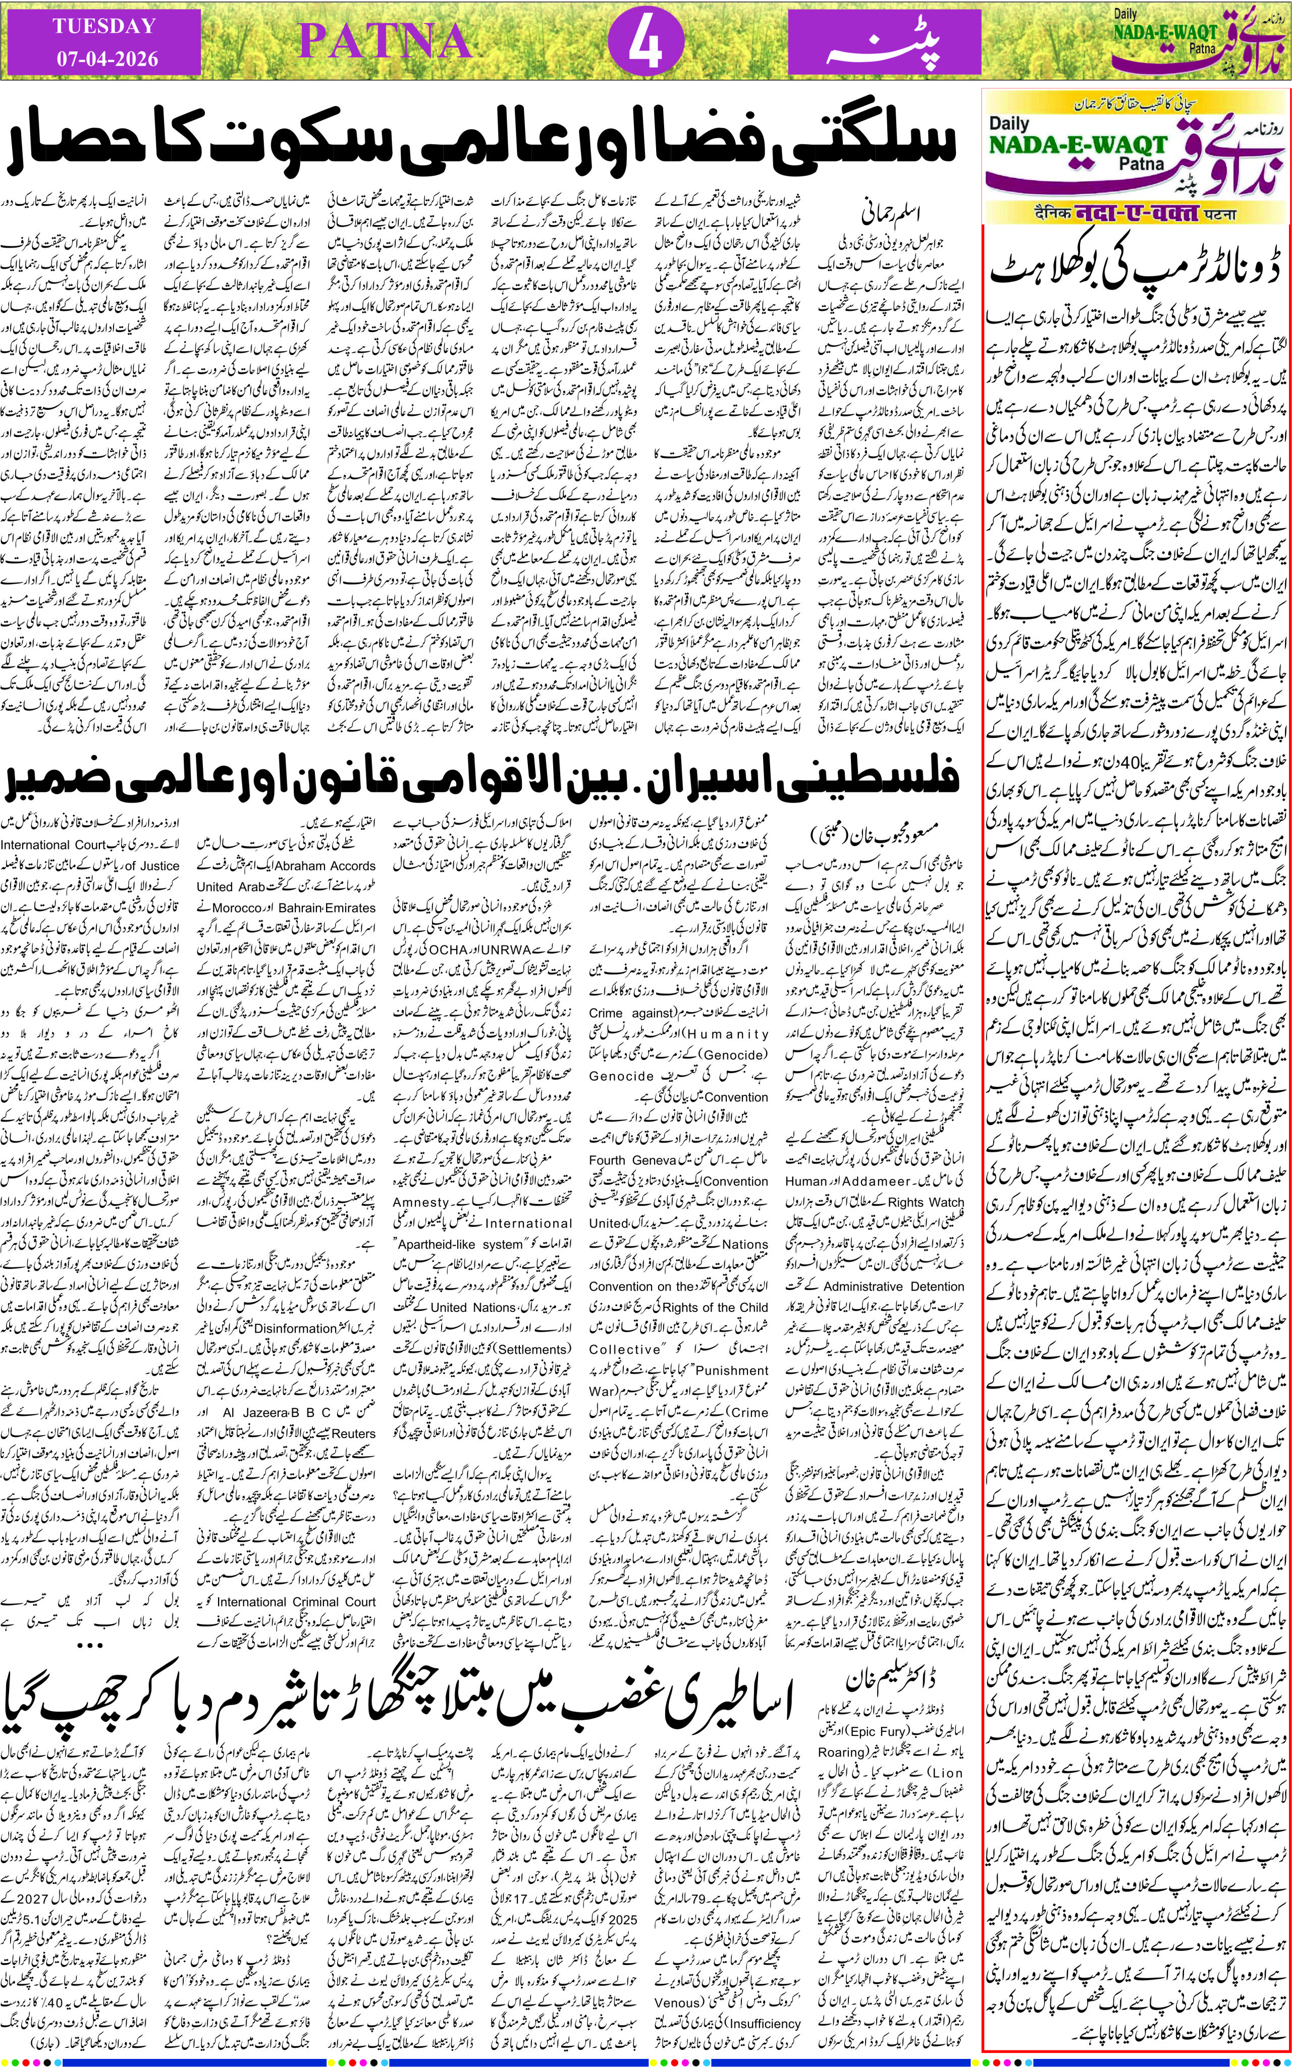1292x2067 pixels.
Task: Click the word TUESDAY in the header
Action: (x=104, y=26)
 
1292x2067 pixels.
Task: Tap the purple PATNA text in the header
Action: (x=385, y=41)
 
